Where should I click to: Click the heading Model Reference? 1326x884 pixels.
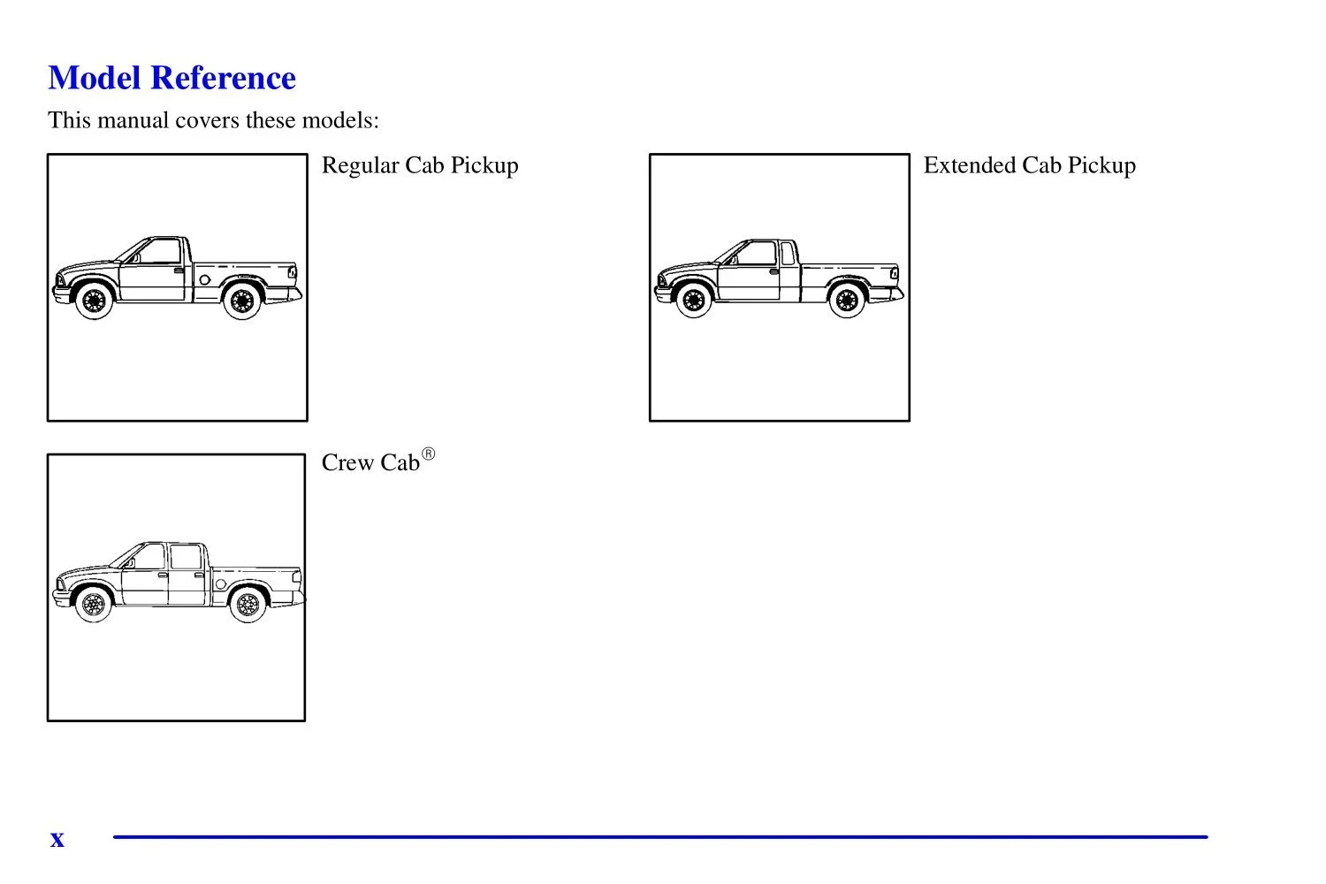171,78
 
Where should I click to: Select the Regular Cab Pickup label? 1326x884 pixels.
420,165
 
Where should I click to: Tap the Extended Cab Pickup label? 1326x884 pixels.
1029,165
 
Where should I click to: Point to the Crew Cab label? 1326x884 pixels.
370,463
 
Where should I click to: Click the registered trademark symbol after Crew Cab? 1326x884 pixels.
429,454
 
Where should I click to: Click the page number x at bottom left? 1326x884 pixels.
57,839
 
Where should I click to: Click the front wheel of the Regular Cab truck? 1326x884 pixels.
93,301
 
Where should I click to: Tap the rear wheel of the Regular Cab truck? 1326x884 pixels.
241,301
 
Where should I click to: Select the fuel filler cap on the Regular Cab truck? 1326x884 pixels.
205,280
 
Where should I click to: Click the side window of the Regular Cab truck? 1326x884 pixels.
158,252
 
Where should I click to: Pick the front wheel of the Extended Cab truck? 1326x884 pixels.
694,301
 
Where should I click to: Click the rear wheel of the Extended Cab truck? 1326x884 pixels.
847,301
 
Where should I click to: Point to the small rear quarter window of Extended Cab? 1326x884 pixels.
788,254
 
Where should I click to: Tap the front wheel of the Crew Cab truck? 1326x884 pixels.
93,605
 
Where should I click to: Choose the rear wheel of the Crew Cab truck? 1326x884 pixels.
248,605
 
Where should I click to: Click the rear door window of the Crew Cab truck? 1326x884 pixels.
186,558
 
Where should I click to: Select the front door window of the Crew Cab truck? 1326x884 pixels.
149,557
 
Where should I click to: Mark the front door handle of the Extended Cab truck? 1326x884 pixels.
773,271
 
